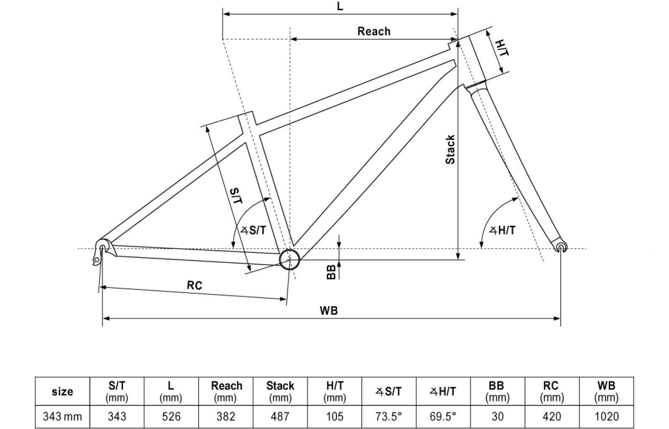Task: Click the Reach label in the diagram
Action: point(373,31)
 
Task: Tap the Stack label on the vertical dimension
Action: point(450,150)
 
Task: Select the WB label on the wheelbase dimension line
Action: point(328,310)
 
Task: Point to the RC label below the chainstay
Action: point(194,285)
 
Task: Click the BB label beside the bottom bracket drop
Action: point(331,272)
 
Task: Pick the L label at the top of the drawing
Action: point(340,7)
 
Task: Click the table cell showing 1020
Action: point(606,416)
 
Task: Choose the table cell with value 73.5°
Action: point(388,416)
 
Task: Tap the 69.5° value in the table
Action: point(443,416)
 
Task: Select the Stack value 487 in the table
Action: point(280,416)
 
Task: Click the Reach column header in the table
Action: point(226,391)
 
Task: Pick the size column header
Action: point(62,391)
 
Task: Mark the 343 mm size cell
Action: point(62,416)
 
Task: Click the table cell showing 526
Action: point(171,416)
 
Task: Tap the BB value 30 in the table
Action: point(497,416)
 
